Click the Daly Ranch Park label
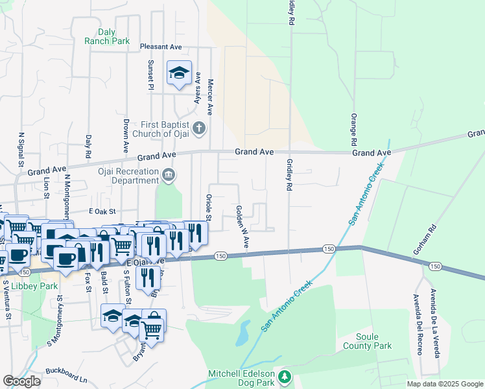tap(107, 36)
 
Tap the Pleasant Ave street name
tap(161, 47)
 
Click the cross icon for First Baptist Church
tap(200, 128)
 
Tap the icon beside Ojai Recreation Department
tap(169, 174)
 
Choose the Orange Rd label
tap(354, 129)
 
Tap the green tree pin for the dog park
tap(283, 376)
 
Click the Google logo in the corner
tap(21, 381)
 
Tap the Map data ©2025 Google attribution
tap(444, 384)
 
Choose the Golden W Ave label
tap(242, 227)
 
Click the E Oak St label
tap(102, 211)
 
